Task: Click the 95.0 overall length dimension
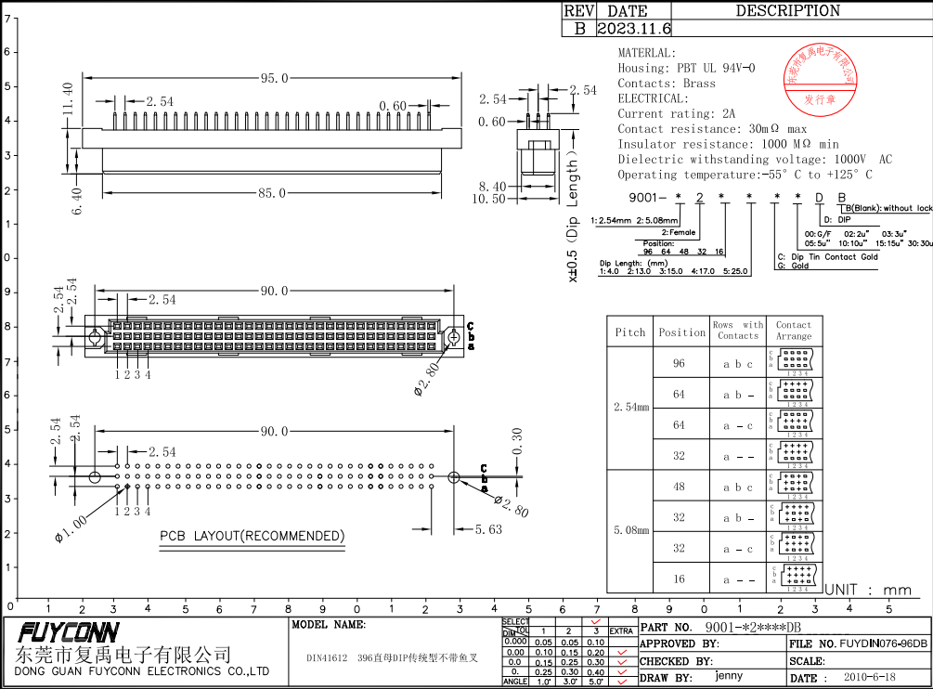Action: [x=274, y=79]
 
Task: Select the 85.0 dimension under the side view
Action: [x=272, y=193]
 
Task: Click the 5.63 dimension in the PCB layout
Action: [x=488, y=529]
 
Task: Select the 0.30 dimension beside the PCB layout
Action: [x=517, y=439]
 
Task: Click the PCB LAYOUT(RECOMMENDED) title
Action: [x=252, y=537]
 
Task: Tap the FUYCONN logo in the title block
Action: [x=69, y=633]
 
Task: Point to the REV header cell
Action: [x=578, y=11]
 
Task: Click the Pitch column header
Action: [x=630, y=332]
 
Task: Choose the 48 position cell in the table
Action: [x=680, y=487]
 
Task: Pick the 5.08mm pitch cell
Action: [x=630, y=532]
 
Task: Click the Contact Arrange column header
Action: [x=794, y=331]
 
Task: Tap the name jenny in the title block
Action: [x=729, y=677]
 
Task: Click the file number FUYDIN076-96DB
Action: [x=883, y=643]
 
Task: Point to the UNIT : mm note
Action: [x=868, y=590]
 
